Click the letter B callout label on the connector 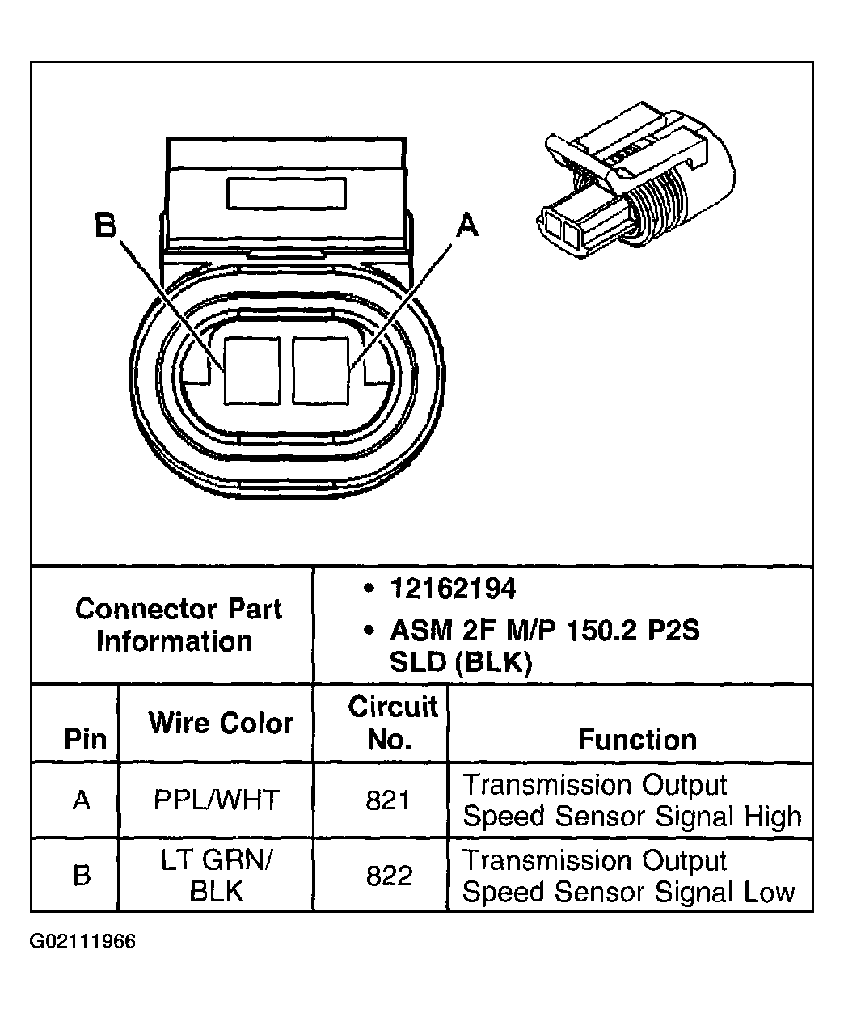[x=106, y=226]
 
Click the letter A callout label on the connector [x=467, y=226]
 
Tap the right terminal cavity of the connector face [x=320, y=370]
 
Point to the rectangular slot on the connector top [x=287, y=196]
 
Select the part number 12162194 [x=452, y=589]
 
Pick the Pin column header [x=84, y=739]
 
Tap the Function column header [x=637, y=739]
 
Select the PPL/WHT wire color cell [x=216, y=800]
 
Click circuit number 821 [x=389, y=800]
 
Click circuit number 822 [x=389, y=876]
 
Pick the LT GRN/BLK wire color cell [x=216, y=876]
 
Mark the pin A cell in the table [x=82, y=800]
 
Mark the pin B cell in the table [x=82, y=876]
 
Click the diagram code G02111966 [x=83, y=942]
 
